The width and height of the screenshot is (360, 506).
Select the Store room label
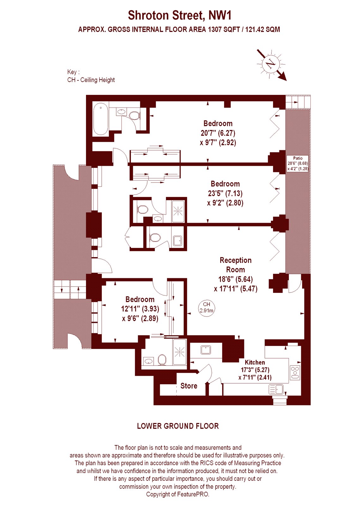click(x=189, y=386)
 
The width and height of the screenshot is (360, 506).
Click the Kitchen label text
click(x=255, y=362)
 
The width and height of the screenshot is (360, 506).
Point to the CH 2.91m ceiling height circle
click(x=206, y=307)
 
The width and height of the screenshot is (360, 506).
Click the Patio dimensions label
click(x=298, y=164)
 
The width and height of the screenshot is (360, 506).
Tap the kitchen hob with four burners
click(x=295, y=372)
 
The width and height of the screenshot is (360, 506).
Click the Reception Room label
click(x=235, y=265)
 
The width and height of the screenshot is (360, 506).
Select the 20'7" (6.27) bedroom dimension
click(x=218, y=133)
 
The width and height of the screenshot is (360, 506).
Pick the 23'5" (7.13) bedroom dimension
click(x=225, y=193)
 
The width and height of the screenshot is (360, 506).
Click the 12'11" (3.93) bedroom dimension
click(x=140, y=309)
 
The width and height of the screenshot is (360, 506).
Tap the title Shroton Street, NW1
click(x=180, y=15)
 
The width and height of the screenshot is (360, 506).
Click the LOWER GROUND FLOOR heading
click(x=178, y=426)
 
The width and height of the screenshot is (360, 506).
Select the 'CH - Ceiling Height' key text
click(x=91, y=80)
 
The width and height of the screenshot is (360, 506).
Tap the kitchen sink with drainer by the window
click(x=276, y=389)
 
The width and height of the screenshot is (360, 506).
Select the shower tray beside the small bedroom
click(x=180, y=352)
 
